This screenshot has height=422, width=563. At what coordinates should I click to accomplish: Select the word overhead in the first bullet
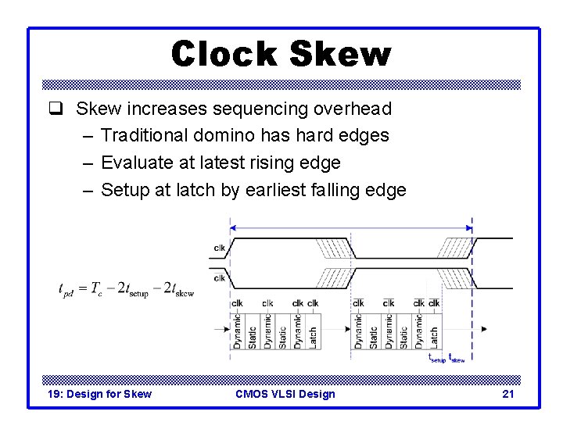[x=356, y=109]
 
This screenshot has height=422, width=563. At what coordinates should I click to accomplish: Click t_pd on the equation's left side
[x=69, y=289]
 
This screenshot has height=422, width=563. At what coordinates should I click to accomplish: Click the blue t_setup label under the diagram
[x=437, y=357]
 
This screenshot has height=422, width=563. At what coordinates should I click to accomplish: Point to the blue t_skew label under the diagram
[x=457, y=357]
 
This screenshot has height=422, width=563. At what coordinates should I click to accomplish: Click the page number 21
[x=507, y=394]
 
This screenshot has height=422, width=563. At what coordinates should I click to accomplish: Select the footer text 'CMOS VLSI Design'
[x=285, y=394]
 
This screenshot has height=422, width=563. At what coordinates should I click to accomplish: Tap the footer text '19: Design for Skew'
[x=99, y=394]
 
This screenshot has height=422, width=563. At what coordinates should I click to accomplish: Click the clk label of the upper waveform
[x=219, y=249]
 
